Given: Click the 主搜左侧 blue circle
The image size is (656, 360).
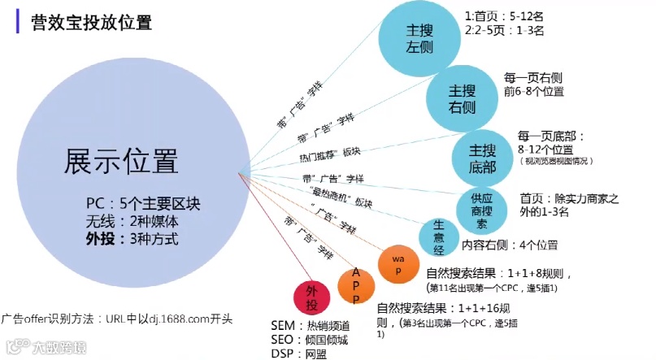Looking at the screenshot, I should point(419,37).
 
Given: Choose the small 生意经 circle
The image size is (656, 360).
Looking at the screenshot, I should point(437,235).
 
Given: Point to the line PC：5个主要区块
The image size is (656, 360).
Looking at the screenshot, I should point(131,202).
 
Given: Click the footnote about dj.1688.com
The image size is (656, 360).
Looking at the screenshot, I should point(118,318).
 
